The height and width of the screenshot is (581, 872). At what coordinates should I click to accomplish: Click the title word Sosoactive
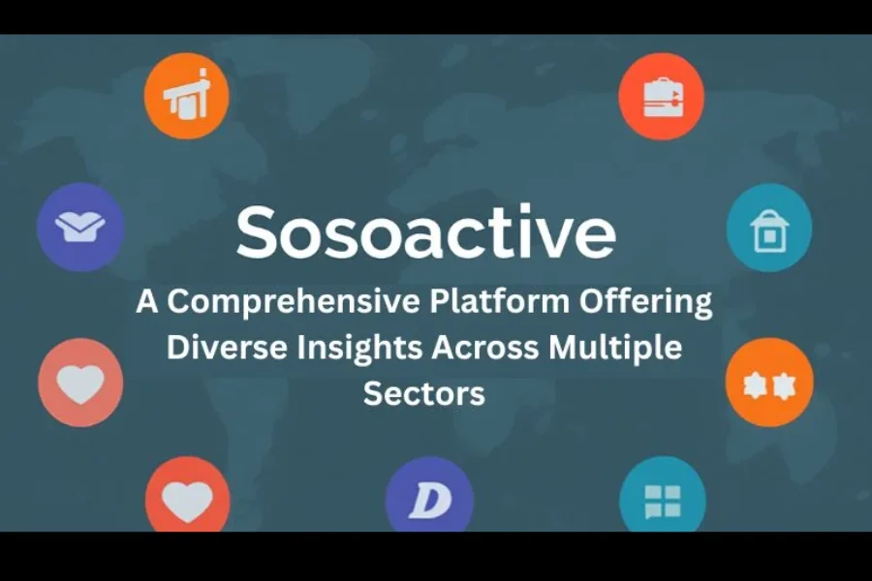[x=426, y=231]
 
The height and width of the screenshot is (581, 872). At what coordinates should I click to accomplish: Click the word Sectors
[x=424, y=394]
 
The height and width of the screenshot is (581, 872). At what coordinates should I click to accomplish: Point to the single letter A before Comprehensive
[x=147, y=301]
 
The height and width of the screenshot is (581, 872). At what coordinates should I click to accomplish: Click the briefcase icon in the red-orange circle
[x=662, y=96]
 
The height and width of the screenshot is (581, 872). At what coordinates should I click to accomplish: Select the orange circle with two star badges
[x=769, y=382]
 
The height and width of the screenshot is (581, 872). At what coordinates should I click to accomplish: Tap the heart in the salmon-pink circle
[x=80, y=382]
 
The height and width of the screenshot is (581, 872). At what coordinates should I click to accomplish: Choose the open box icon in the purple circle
[x=80, y=228]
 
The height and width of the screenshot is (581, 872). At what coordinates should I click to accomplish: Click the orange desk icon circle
[x=187, y=96]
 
